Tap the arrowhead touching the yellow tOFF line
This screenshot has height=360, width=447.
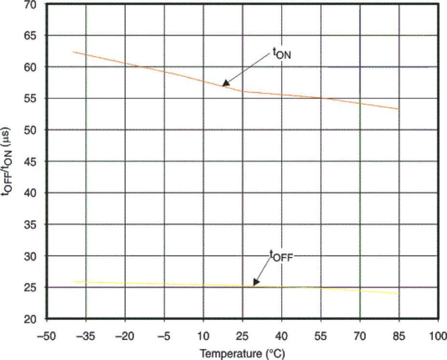[x=255, y=284]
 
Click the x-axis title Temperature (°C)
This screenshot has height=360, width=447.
[x=243, y=353]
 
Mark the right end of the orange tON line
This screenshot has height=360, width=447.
[x=399, y=109]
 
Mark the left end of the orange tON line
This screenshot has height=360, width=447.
[x=73, y=52]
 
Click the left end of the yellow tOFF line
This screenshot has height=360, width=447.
[x=73, y=281]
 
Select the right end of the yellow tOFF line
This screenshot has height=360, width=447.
[x=399, y=293]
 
